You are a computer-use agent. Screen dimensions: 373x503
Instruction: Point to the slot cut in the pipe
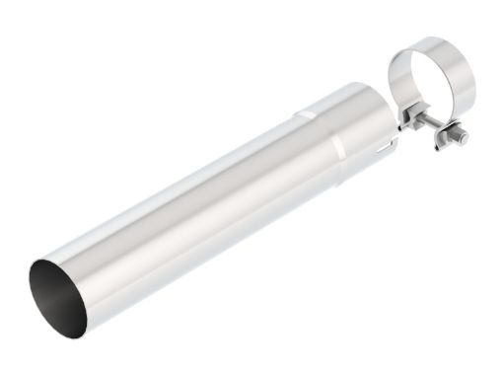383,151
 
